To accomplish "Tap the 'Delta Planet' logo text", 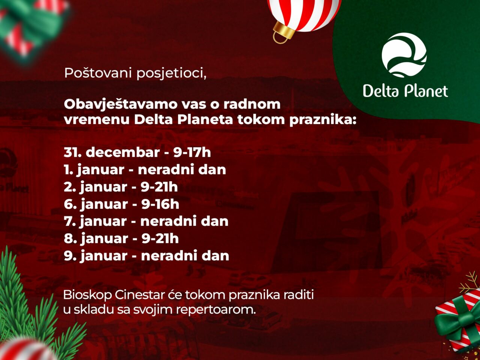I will pyautogui.click(x=405, y=91).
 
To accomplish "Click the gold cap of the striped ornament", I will pyautogui.click(x=284, y=32).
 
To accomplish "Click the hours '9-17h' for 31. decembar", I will pyautogui.click(x=192, y=152).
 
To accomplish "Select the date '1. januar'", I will pyautogui.click(x=94, y=170).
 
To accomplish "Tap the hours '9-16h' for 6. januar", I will pyautogui.click(x=160, y=204).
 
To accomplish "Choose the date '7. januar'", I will pyautogui.click(x=95, y=221).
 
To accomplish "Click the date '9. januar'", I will pyautogui.click(x=96, y=256).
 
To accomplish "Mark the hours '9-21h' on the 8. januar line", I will pyautogui.click(x=160, y=238).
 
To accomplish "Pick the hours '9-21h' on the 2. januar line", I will pyautogui.click(x=159, y=187).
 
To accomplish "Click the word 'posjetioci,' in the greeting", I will pyautogui.click(x=171, y=73).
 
